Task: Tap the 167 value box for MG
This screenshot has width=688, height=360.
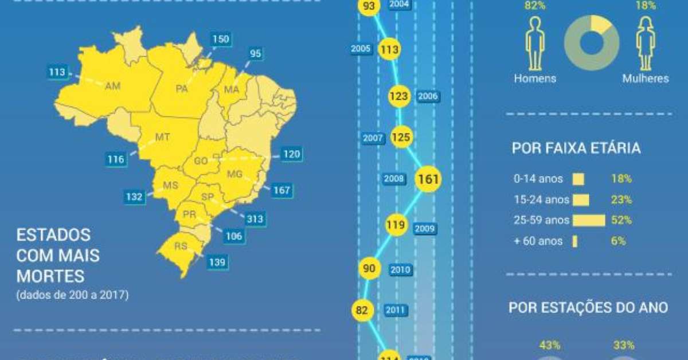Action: coord(281,190)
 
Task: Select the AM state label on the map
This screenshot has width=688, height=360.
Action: coord(112,85)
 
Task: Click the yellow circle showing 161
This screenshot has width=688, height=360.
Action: coord(428,179)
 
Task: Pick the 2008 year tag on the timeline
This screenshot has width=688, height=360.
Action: coord(394,179)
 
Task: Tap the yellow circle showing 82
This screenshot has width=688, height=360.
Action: coord(362,310)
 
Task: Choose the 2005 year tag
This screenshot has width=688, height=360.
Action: coord(361,49)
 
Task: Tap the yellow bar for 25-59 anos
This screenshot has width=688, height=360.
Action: coord(589,220)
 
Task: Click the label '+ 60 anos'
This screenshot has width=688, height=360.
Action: coord(538,241)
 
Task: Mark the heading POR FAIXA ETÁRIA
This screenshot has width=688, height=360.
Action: coord(576,149)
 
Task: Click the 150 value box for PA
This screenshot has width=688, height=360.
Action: coord(220,40)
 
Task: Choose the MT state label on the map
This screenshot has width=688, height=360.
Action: coord(163,138)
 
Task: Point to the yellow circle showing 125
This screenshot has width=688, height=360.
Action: coord(400,138)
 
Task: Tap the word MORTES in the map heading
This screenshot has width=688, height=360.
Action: coord(50,277)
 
